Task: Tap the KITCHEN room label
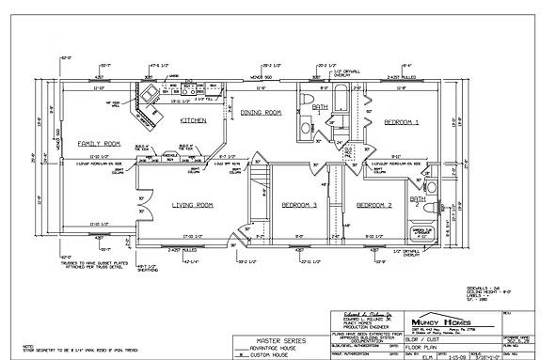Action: point(193,120)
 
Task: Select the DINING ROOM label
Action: point(261,113)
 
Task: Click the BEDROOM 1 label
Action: point(401,122)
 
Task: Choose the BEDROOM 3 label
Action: point(299,204)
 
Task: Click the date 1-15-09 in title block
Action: point(429,354)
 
